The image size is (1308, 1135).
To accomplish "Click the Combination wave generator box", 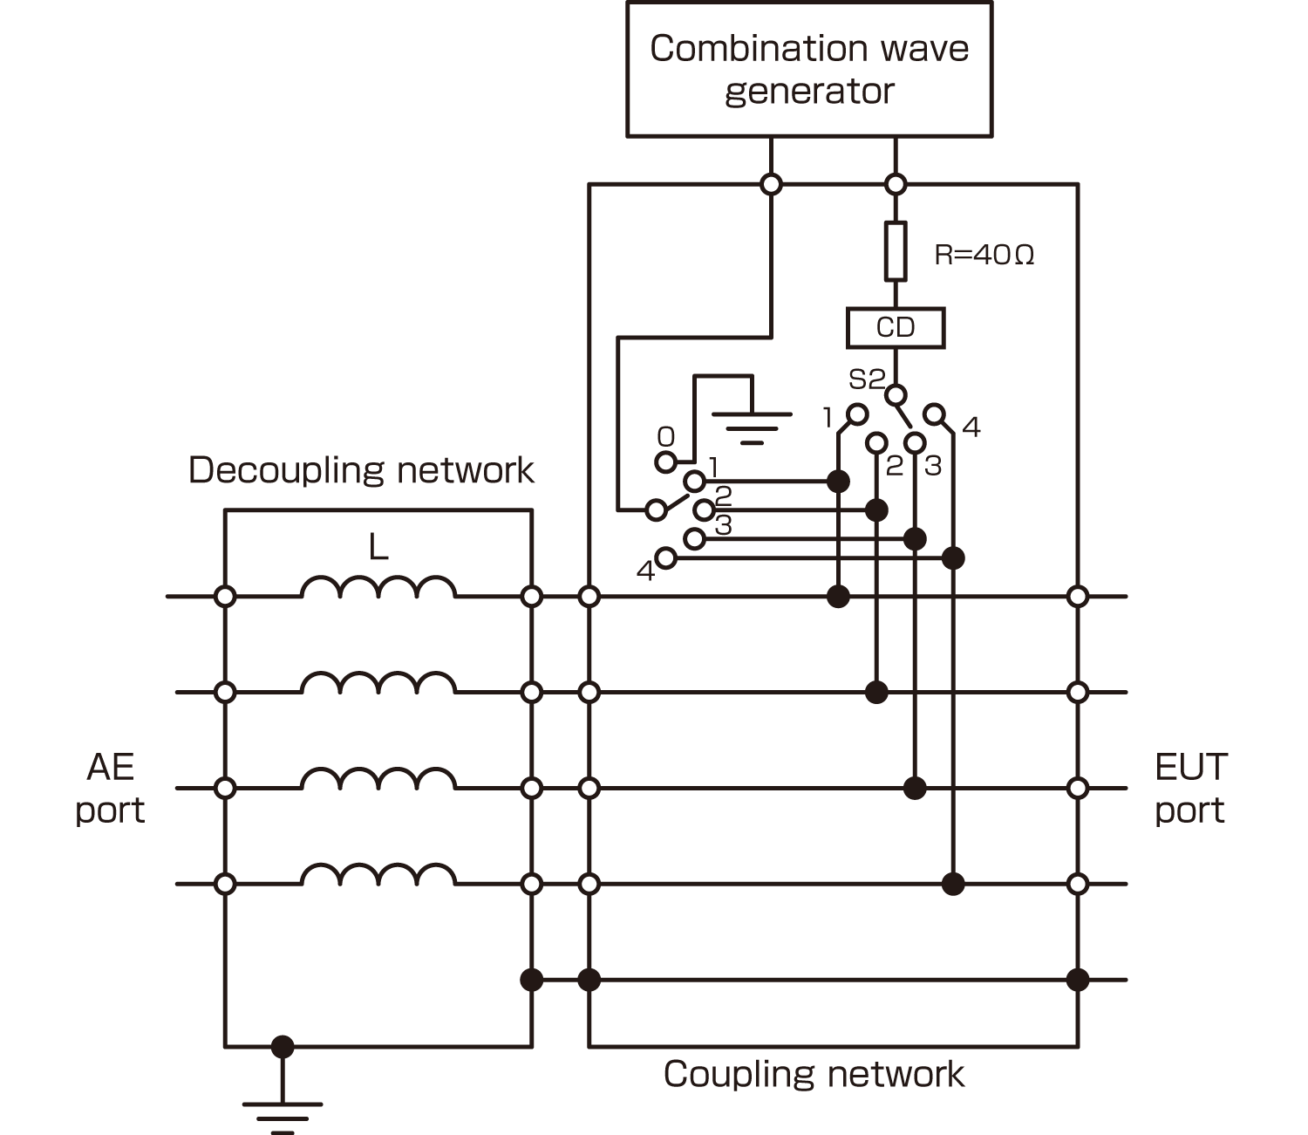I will point(809,69).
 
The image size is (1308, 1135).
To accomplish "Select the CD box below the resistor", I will point(896,328).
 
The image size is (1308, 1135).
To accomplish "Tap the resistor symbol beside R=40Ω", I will point(896,251).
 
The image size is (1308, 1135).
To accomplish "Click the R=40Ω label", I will point(984,255).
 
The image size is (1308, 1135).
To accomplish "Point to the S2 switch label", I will point(866,379).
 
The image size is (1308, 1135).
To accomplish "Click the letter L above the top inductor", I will point(378,547).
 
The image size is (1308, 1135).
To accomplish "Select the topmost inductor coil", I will point(378,588).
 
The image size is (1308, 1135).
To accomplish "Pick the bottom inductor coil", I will point(378,875).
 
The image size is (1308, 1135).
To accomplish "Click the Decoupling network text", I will point(361,470).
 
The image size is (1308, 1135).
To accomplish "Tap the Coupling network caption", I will point(814,1074).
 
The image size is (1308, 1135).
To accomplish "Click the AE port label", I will point(110,789).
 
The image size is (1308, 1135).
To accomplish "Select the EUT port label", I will point(1190,789).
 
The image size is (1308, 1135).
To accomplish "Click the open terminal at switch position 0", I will point(665,462).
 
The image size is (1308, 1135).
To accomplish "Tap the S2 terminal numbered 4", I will point(934,413).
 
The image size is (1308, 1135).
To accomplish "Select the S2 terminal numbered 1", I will point(858,413).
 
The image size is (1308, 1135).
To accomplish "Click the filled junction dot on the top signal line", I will point(838,597).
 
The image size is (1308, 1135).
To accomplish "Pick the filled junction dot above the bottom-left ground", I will point(283,1047).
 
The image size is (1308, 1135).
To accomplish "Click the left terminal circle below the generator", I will point(771,184).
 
